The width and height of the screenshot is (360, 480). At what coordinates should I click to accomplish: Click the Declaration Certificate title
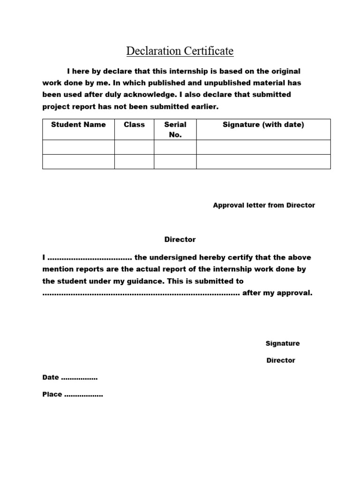(180, 51)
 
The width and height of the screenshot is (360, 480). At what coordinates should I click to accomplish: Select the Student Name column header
(78, 125)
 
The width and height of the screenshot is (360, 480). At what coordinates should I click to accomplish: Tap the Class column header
(134, 125)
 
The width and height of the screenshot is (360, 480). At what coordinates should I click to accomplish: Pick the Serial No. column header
(175, 130)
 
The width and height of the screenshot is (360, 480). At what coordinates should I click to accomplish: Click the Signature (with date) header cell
(263, 125)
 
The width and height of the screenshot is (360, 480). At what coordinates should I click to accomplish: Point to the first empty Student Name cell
(78, 147)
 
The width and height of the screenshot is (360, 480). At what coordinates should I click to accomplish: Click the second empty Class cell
(134, 161)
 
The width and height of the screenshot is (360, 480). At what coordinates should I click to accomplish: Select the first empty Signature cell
(263, 147)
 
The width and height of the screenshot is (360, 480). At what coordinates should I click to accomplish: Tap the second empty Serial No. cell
(175, 161)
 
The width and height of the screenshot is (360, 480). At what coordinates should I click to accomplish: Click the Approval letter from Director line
(264, 205)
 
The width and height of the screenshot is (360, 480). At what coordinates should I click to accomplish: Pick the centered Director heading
(180, 240)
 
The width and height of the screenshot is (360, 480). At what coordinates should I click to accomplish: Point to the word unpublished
(204, 83)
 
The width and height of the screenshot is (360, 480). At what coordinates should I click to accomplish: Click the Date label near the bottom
(51, 377)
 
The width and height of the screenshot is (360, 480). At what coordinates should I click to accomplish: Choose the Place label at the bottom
(52, 394)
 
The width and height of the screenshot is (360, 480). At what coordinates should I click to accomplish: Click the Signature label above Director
(283, 344)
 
